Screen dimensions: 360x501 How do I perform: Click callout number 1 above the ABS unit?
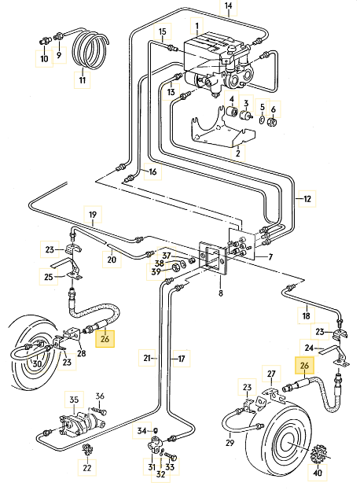coord(197,25)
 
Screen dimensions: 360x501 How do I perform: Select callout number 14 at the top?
coord(229,6)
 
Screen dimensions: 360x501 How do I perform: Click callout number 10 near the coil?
coord(44,59)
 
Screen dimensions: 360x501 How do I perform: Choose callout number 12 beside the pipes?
coord(307,199)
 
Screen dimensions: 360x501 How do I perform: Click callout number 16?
coord(153,171)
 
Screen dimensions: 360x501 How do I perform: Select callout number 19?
coord(93,215)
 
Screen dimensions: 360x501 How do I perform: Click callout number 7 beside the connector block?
coord(270,256)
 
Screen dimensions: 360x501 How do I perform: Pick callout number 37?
coord(167,256)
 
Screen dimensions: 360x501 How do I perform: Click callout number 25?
coord(49,276)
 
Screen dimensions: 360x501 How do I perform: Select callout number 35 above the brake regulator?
coord(74,400)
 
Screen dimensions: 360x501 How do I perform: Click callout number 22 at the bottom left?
coord(87,468)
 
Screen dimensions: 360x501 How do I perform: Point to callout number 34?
coord(142,431)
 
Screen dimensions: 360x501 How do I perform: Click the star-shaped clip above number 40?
coord(318,454)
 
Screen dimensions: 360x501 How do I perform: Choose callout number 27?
coord(271,374)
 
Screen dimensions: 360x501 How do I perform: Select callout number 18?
coord(306,315)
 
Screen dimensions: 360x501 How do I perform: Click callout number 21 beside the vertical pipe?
coord(147,358)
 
